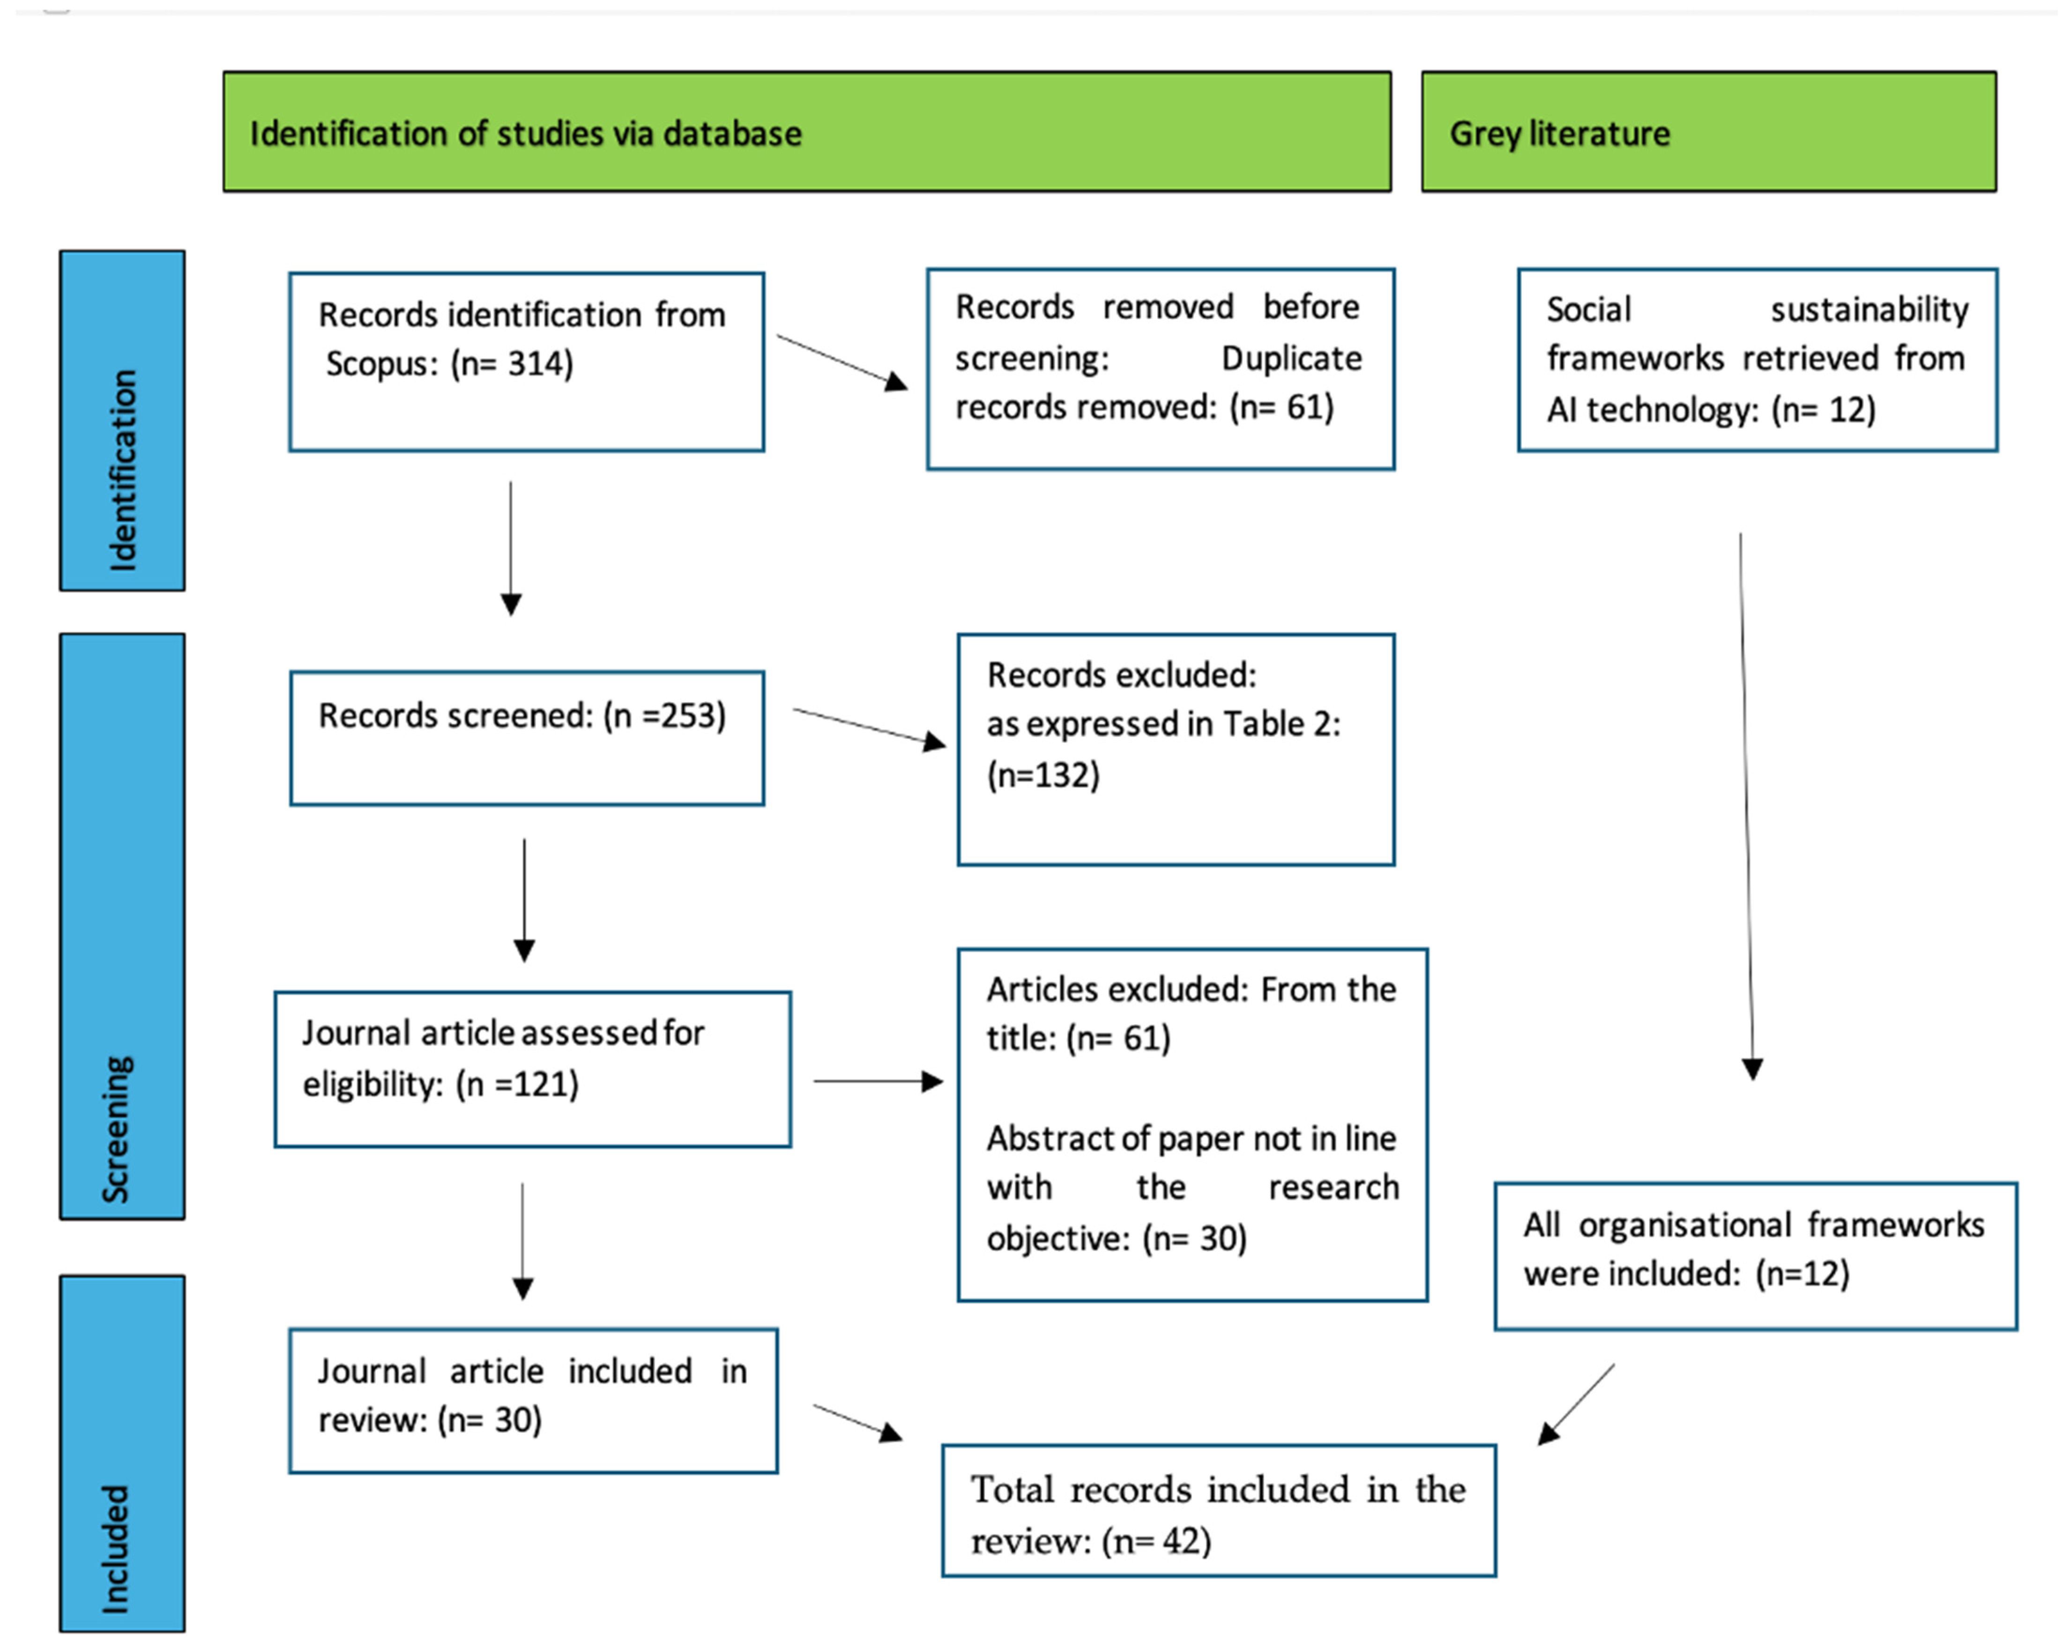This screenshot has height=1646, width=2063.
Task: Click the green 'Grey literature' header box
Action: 1708,132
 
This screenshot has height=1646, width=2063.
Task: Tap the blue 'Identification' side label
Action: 122,421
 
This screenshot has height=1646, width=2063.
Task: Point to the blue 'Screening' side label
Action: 122,925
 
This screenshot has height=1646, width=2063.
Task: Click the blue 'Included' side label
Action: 122,1452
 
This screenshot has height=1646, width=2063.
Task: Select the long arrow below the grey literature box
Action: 1746,804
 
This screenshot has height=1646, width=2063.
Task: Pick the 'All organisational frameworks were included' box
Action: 1755,1256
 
